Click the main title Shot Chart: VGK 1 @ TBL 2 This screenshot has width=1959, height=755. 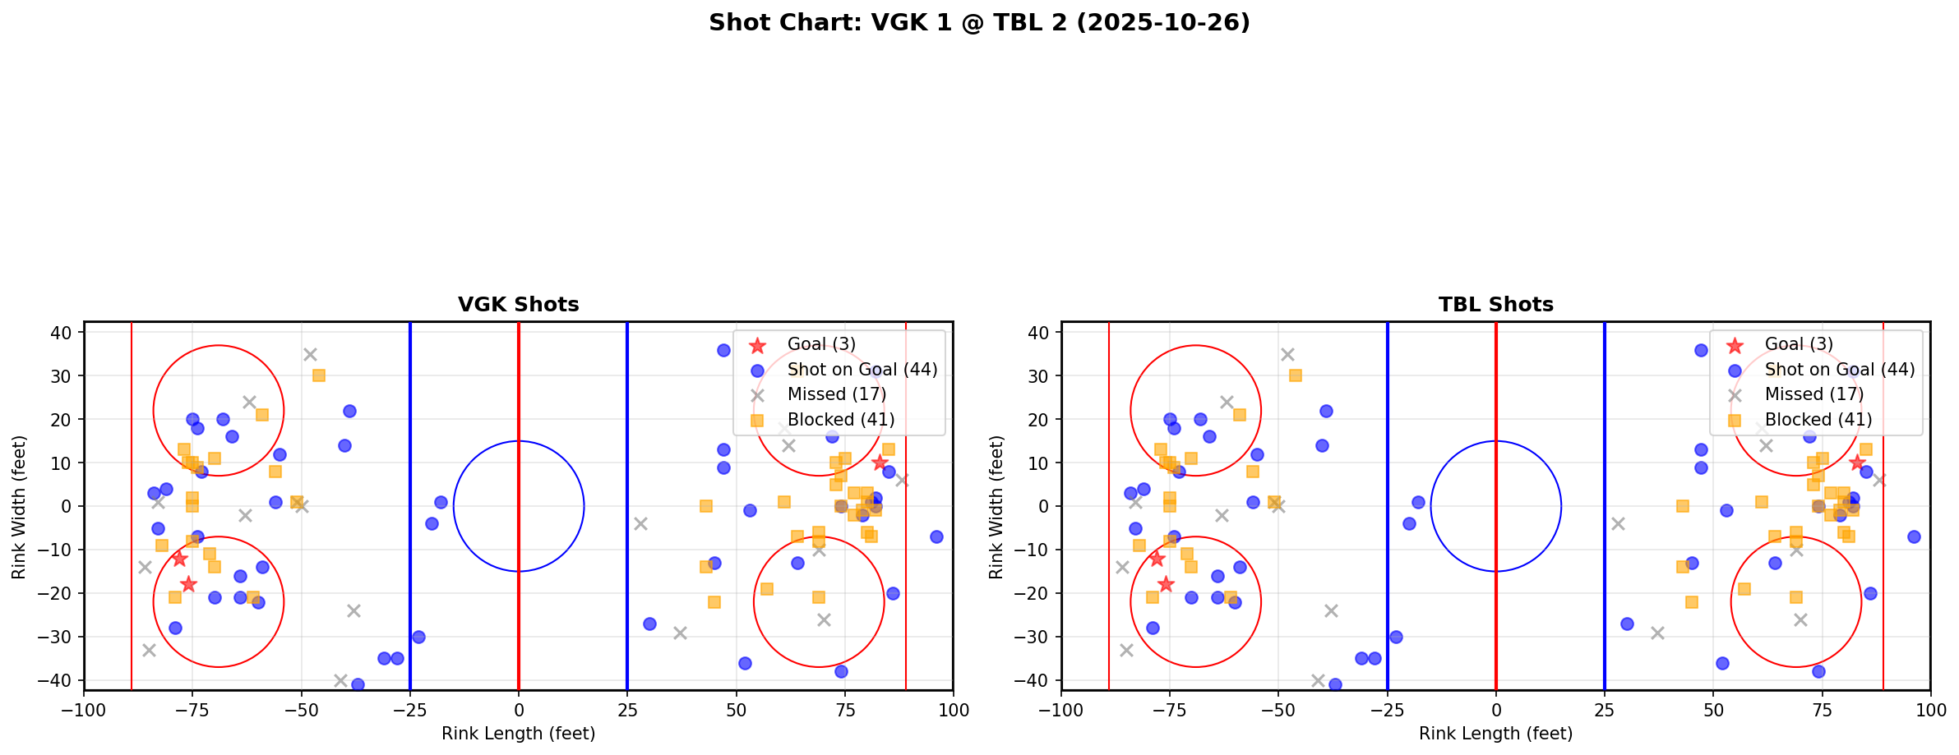pos(979,23)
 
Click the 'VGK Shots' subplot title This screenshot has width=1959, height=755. pos(518,305)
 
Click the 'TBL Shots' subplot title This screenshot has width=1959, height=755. pos(1495,305)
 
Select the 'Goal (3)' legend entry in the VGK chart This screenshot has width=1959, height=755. pos(821,344)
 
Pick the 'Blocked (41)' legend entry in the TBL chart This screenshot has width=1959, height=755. pos(1818,420)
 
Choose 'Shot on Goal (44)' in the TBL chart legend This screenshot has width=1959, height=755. pos(1840,370)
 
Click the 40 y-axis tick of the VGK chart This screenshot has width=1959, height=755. pos(66,332)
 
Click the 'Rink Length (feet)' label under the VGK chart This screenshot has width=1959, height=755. pos(518,734)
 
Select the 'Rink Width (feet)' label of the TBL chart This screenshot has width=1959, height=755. pos(996,507)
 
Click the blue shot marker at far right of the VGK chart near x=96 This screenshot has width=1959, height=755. pos(936,536)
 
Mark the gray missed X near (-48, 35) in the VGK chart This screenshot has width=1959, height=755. pos(310,354)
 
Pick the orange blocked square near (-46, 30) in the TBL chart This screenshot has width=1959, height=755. pos(1296,375)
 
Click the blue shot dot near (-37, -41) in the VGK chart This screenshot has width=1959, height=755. pos(358,684)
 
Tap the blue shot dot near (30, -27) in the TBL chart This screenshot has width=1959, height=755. pos(1627,624)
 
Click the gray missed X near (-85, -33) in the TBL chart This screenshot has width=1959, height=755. pos(1126,650)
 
